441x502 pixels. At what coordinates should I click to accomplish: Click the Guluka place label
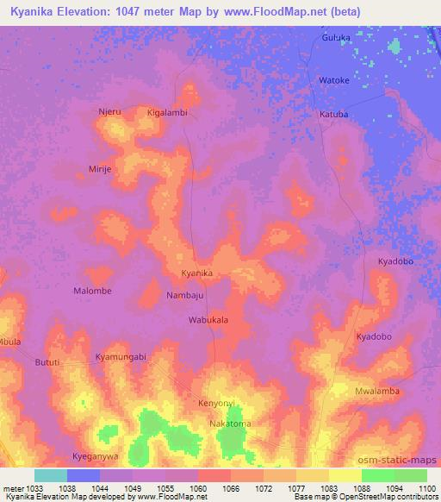tap(336, 38)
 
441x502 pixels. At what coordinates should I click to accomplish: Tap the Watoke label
tap(333, 80)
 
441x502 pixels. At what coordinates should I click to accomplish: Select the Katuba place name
tap(334, 114)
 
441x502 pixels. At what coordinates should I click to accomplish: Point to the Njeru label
tap(109, 112)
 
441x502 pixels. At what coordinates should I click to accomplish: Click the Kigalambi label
tap(167, 113)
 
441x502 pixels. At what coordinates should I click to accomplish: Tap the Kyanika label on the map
tap(196, 273)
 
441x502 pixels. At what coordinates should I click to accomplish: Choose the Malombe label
tap(92, 291)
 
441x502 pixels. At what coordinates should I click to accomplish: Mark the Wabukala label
tap(208, 320)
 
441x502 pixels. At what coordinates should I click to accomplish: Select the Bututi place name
tap(47, 363)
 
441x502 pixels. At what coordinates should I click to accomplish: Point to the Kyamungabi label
tap(121, 356)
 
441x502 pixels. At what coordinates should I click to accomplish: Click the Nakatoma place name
tap(230, 424)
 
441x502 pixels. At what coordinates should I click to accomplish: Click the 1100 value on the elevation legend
tap(428, 489)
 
